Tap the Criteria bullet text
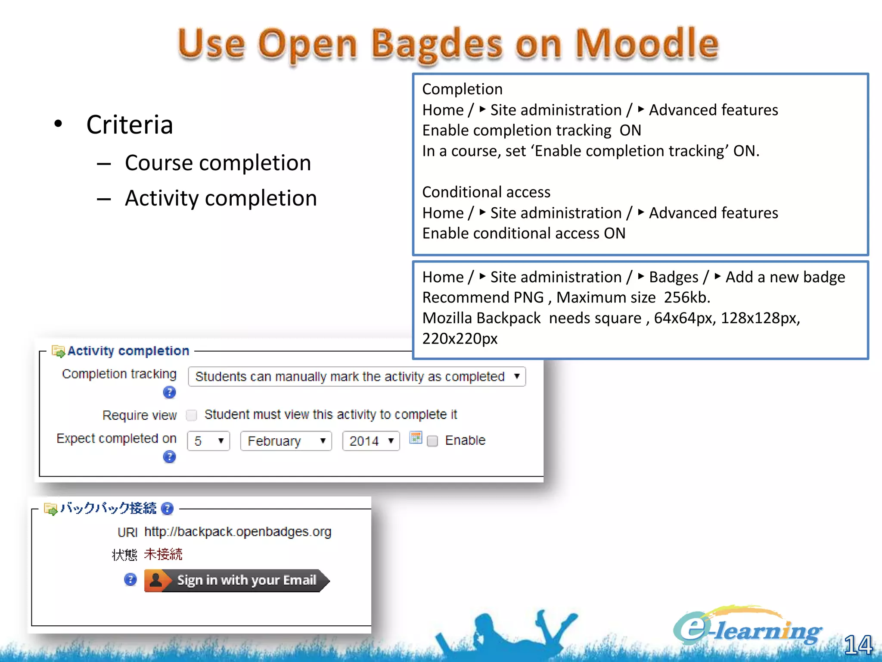click(x=129, y=125)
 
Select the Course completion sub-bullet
click(x=217, y=163)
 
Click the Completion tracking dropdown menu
click(x=357, y=377)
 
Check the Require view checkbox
click(x=192, y=415)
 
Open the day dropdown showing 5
click(x=208, y=441)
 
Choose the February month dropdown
click(x=286, y=441)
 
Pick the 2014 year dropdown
click(x=371, y=441)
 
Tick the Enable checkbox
click(x=432, y=441)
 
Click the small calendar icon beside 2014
click(x=416, y=438)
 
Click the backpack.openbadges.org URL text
click(x=238, y=532)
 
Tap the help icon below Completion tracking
click(x=169, y=392)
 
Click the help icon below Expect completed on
click(x=169, y=457)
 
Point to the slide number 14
click(x=857, y=645)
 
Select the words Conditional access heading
click(x=486, y=192)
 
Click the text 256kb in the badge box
click(x=686, y=297)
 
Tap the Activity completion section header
click(x=128, y=351)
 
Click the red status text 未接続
click(x=163, y=554)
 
